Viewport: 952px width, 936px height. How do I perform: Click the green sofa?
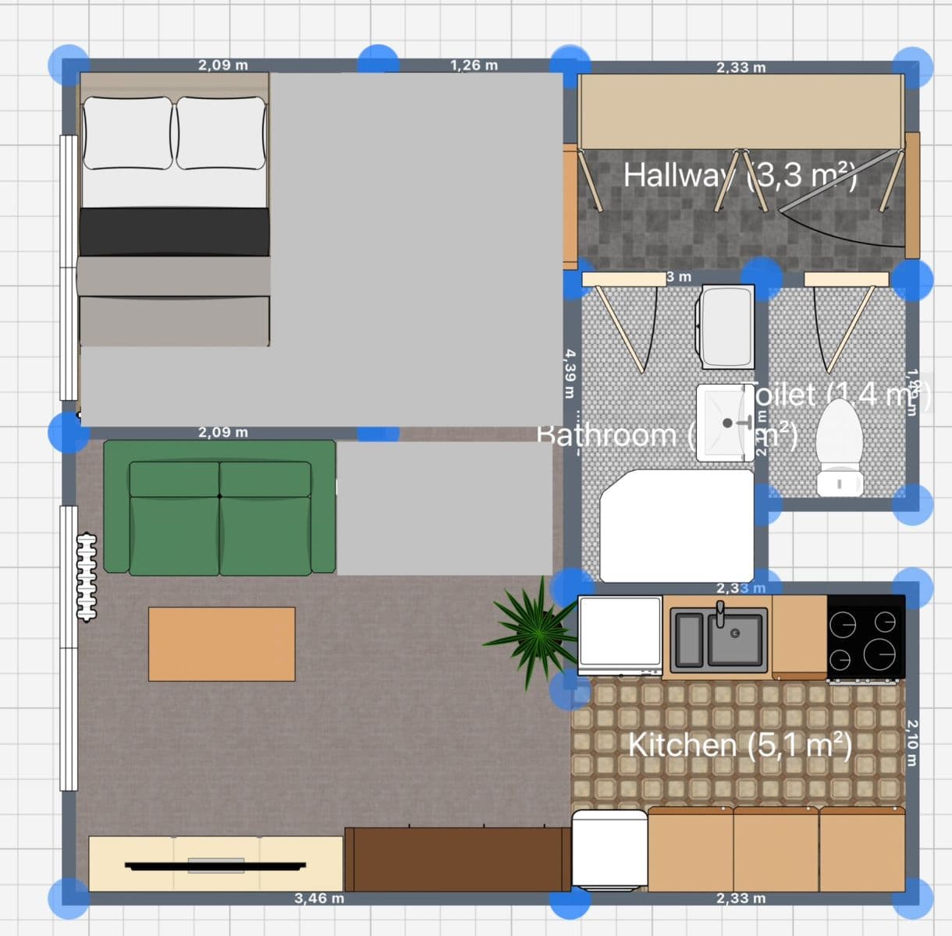pyautogui.click(x=219, y=508)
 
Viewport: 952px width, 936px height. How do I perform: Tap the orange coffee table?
pyautogui.click(x=222, y=644)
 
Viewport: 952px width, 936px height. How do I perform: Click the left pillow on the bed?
pyautogui.click(x=128, y=133)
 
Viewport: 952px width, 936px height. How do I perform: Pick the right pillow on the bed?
pyautogui.click(x=221, y=133)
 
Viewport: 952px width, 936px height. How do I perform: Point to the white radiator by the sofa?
pyautogui.click(x=87, y=576)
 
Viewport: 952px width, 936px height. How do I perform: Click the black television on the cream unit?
pyautogui.click(x=215, y=865)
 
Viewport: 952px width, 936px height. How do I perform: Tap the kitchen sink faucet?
pyautogui.click(x=721, y=613)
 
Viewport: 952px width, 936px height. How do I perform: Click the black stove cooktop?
pyautogui.click(x=865, y=636)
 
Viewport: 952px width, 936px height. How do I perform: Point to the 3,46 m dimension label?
pyautogui.click(x=319, y=898)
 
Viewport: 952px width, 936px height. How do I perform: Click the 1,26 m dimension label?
pyautogui.click(x=474, y=65)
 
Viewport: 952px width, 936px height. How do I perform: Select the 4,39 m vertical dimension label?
pyautogui.click(x=570, y=375)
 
